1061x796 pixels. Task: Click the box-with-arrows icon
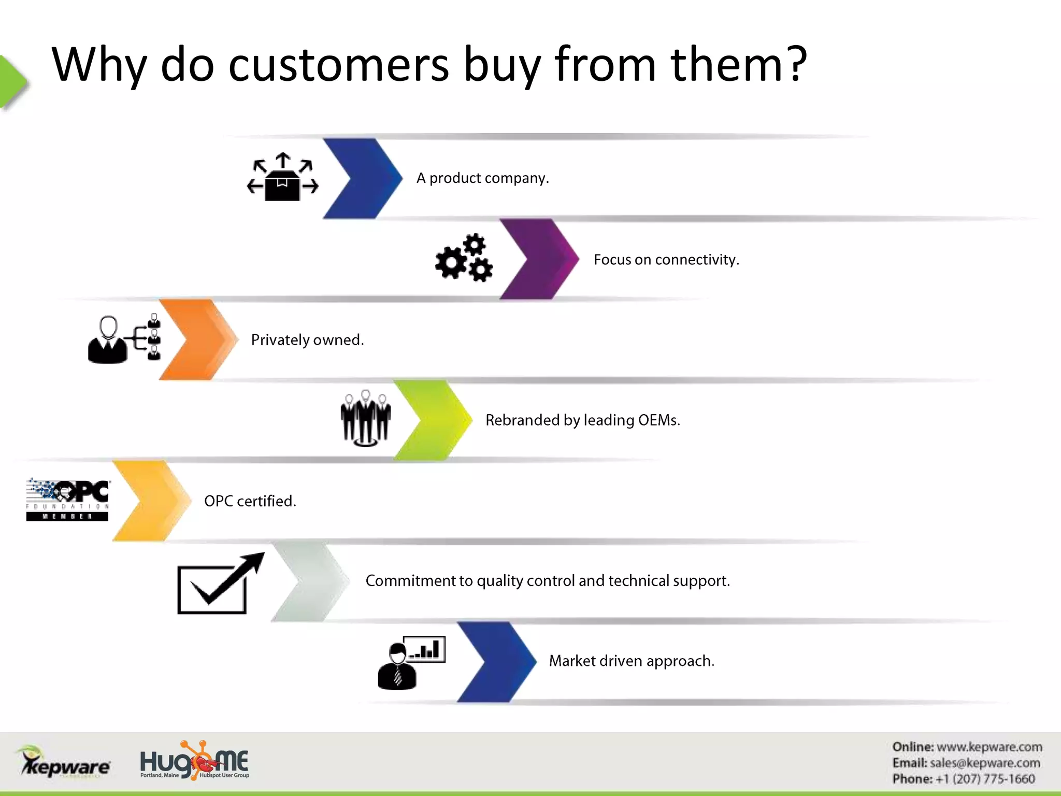pyautogui.click(x=282, y=177)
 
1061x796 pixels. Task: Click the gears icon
pyautogui.click(x=464, y=258)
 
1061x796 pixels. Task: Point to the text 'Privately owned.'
pyautogui.click(x=307, y=340)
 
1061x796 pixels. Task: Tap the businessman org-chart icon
pyautogui.click(x=124, y=339)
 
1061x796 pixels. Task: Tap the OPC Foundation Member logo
pyautogui.click(x=67, y=500)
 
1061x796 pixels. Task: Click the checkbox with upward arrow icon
pyautogui.click(x=220, y=584)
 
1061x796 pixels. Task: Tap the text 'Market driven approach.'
pyautogui.click(x=632, y=661)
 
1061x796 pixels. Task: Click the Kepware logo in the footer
pyautogui.click(x=65, y=762)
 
